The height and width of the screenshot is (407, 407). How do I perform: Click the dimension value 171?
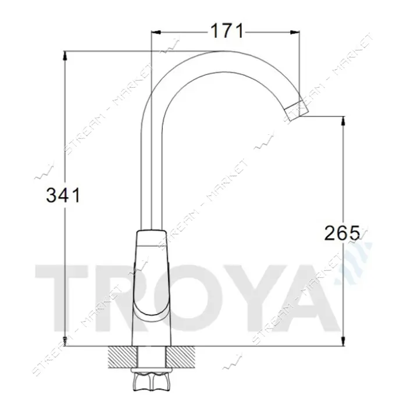pyautogui.click(x=227, y=31)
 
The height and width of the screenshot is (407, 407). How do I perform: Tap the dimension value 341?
pyautogui.click(x=63, y=195)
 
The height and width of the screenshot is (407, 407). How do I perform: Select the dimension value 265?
pyautogui.click(x=342, y=233)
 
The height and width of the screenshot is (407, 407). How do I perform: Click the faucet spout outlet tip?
pyautogui.click(x=297, y=111)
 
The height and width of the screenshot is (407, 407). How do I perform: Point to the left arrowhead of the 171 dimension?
pyautogui.click(x=156, y=32)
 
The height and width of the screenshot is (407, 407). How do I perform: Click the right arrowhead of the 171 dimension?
pyautogui.click(x=295, y=32)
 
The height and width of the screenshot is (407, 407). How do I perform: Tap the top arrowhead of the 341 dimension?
pyautogui.click(x=65, y=56)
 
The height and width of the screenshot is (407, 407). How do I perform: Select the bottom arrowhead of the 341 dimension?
pyautogui.click(x=65, y=341)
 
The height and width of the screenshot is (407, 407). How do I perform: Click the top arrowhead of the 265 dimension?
pyautogui.click(x=344, y=122)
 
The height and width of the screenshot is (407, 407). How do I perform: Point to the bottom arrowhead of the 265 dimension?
pyautogui.click(x=344, y=341)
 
